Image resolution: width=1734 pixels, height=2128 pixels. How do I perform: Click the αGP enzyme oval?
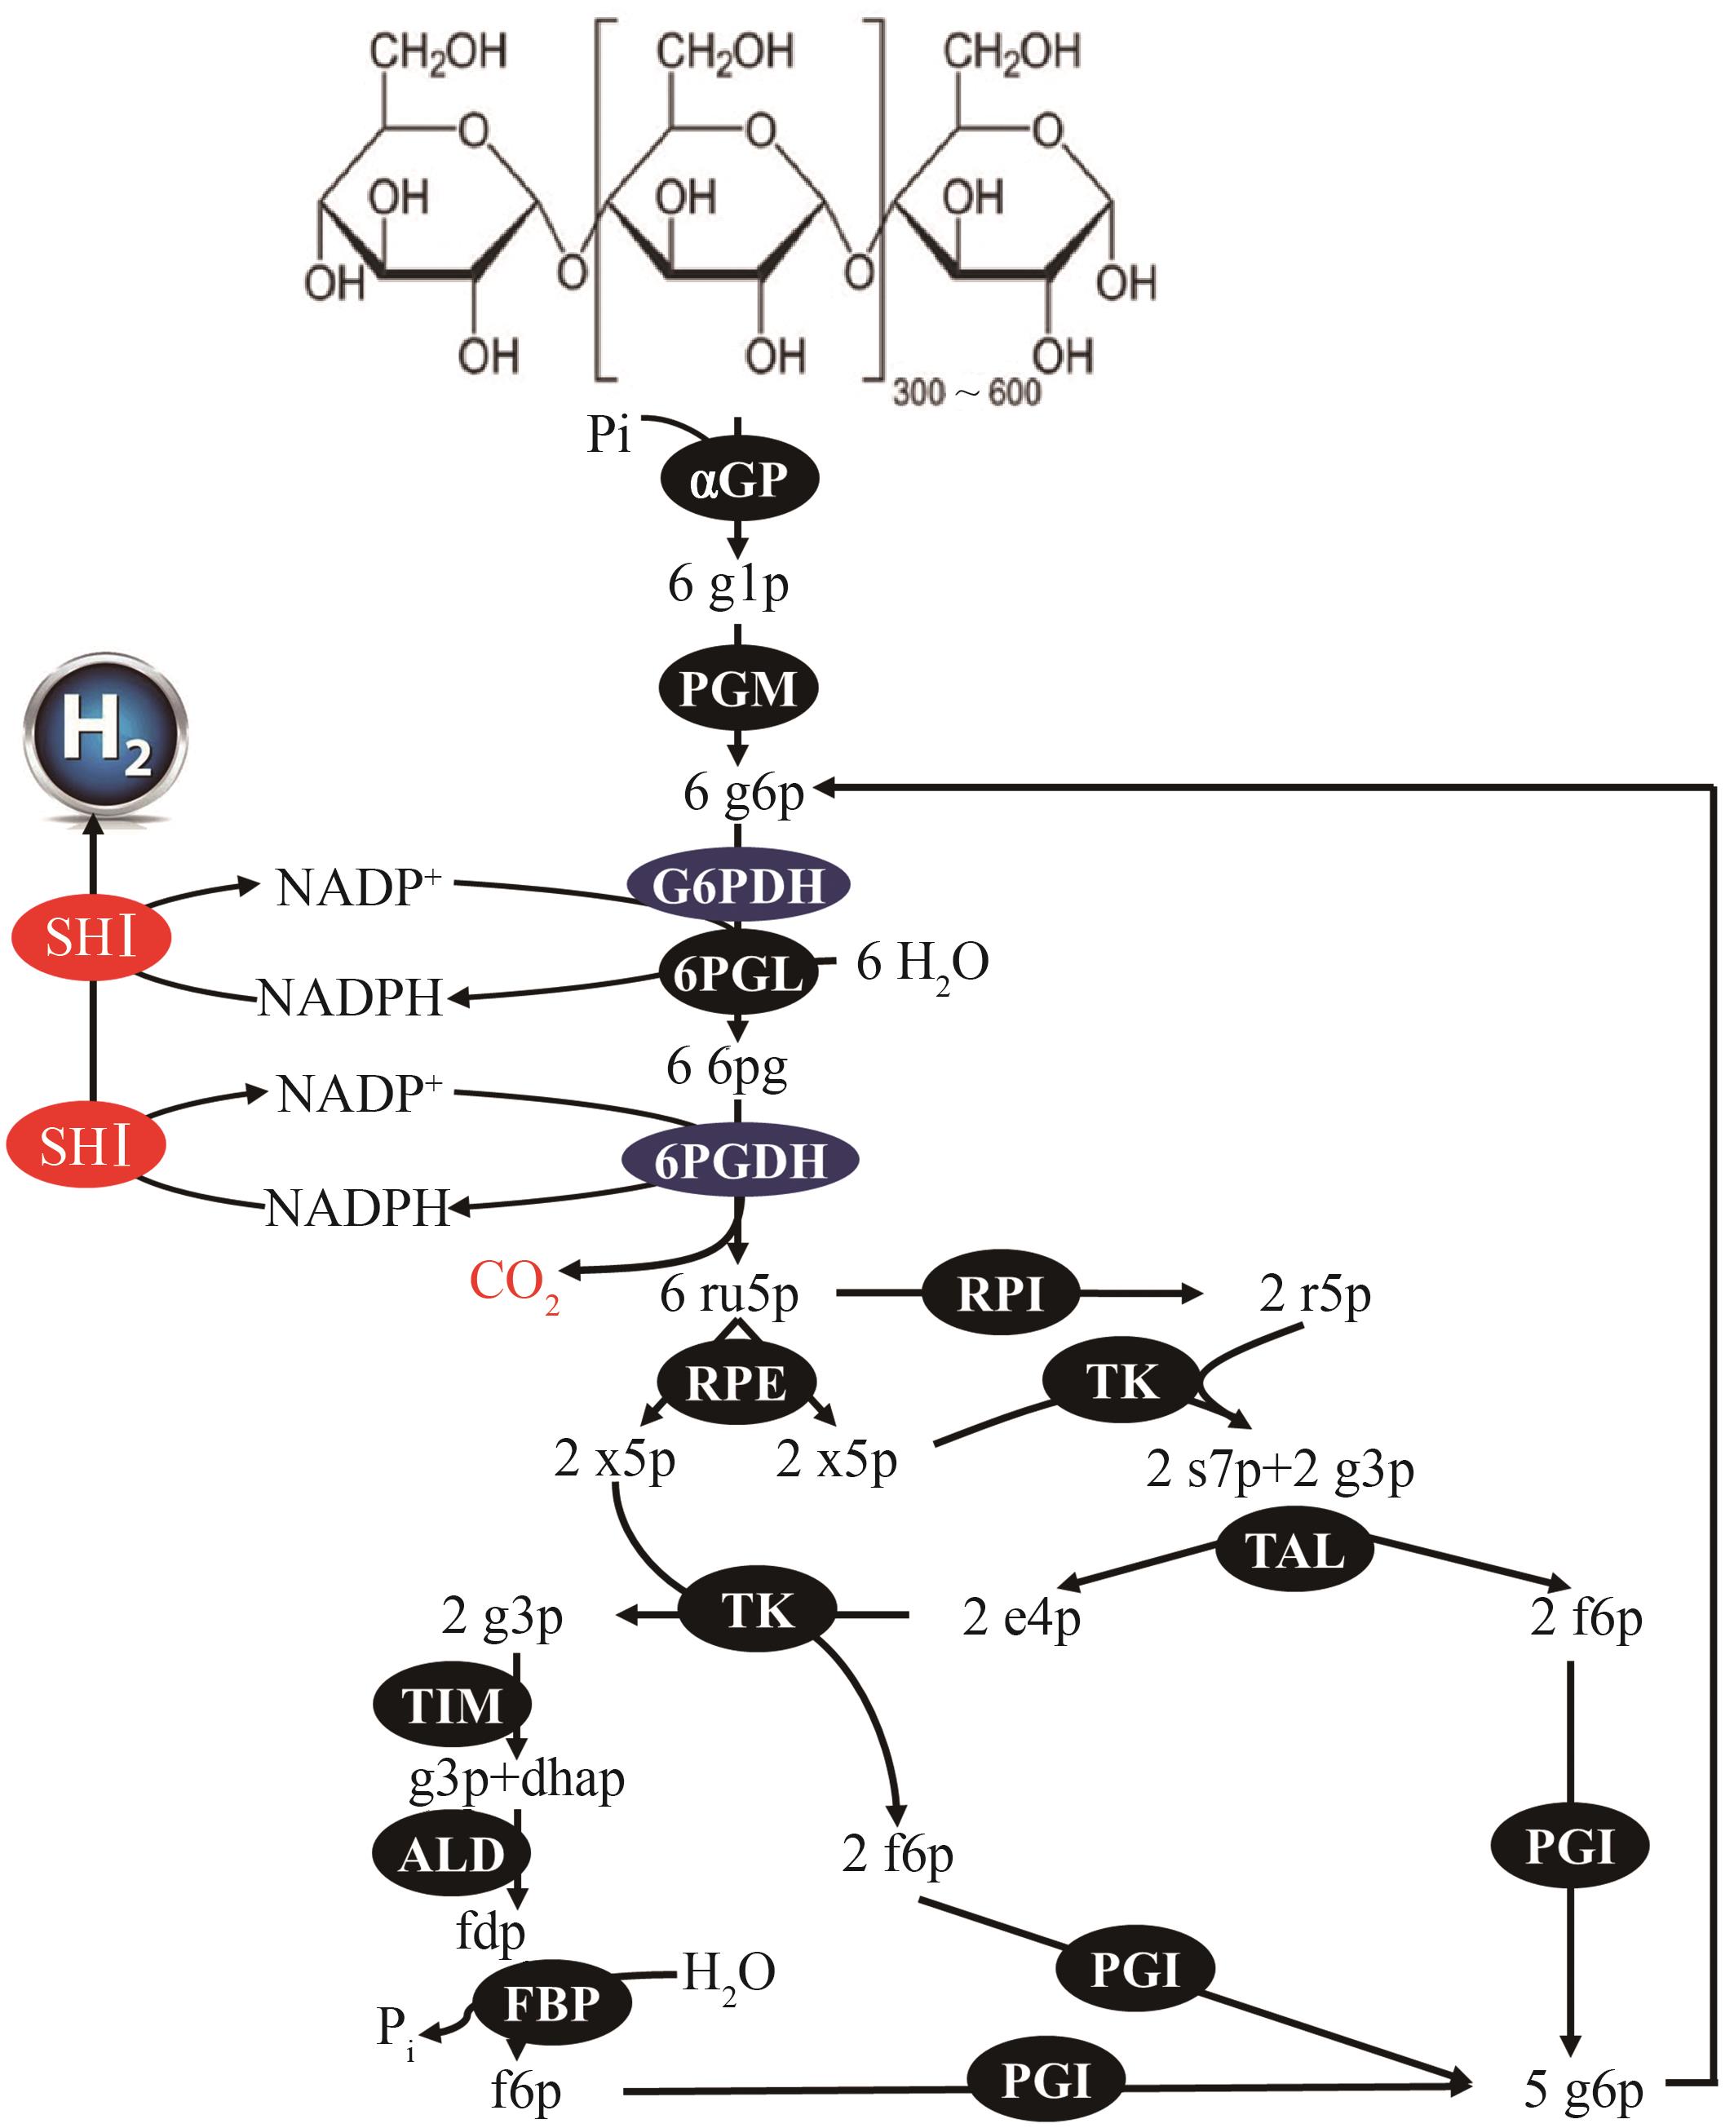pyautogui.click(x=738, y=480)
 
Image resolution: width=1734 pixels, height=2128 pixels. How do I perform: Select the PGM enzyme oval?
pyautogui.click(x=738, y=688)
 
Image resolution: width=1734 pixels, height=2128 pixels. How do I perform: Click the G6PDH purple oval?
pyautogui.click(x=738, y=885)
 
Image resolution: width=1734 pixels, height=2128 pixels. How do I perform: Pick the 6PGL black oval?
pyautogui.click(x=738, y=972)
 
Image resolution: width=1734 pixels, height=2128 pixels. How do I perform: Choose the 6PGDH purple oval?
pyautogui.click(x=740, y=1161)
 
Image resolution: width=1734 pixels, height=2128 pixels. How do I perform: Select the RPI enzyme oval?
pyautogui.click(x=1001, y=1294)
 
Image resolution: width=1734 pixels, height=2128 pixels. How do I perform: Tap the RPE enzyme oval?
pyautogui.click(x=737, y=1383)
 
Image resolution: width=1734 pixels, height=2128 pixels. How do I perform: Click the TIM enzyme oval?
pyautogui.click(x=452, y=1705)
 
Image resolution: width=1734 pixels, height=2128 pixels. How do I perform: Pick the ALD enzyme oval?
pyautogui.click(x=452, y=1856)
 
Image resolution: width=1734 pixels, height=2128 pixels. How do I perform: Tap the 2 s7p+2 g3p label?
pyautogui.click(x=1280, y=1469)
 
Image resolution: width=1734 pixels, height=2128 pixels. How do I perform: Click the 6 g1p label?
pyautogui.click(x=728, y=584)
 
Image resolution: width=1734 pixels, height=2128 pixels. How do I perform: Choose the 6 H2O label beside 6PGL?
pyautogui.click(x=922, y=963)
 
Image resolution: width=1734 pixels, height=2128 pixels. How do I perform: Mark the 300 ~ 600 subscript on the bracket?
pyautogui.click(x=966, y=392)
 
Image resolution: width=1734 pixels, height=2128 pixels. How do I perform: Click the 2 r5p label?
pyautogui.click(x=1315, y=1294)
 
